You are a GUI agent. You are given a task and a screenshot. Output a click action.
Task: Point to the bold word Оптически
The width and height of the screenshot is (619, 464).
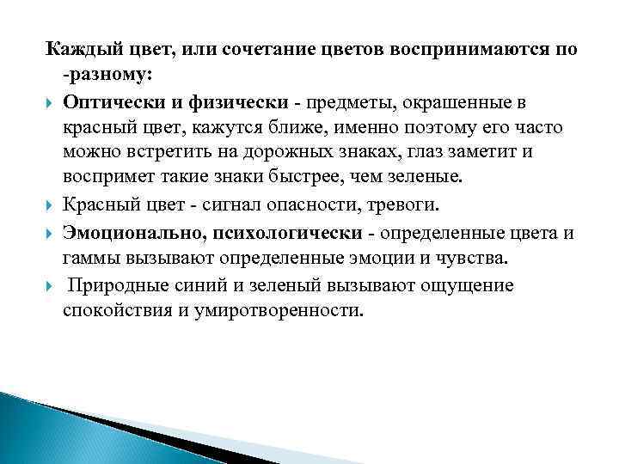pyautogui.click(x=107, y=103)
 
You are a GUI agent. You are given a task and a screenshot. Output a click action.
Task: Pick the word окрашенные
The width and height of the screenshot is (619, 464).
pyautogui.click(x=417, y=103)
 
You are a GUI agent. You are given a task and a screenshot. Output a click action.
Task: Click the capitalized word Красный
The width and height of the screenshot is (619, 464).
pyautogui.click(x=98, y=205)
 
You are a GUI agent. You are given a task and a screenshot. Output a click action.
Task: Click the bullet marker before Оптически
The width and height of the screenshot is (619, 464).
pyautogui.click(x=49, y=104)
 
